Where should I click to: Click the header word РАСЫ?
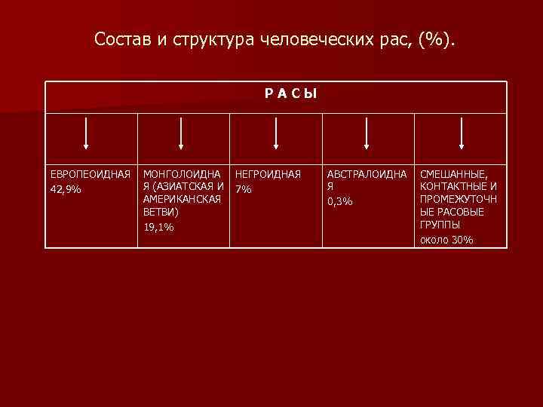click(x=290, y=94)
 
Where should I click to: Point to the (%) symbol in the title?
click(x=437, y=38)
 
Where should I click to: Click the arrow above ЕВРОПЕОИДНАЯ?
click(x=87, y=133)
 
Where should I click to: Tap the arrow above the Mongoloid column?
click(x=181, y=133)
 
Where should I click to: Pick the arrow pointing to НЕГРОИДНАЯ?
click(x=276, y=133)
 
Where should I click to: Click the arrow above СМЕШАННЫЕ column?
click(x=462, y=133)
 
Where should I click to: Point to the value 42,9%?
click(x=66, y=188)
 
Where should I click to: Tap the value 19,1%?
click(x=158, y=226)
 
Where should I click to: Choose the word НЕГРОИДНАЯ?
click(x=268, y=174)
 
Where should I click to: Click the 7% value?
click(x=244, y=188)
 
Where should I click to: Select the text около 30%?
click(x=446, y=239)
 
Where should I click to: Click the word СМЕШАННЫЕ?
click(x=454, y=174)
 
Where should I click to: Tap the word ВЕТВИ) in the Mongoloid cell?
click(x=161, y=213)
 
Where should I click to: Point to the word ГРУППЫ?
click(x=440, y=225)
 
